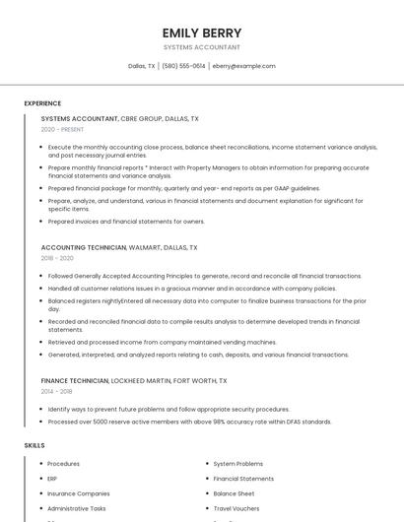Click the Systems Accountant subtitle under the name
coord(202,47)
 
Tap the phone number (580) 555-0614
coord(183,66)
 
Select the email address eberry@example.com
coord(243,66)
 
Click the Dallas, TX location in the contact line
coord(142,66)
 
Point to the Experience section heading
coord(42,103)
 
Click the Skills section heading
coord(34,445)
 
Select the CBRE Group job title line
coord(119,118)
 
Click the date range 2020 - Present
coord(62,129)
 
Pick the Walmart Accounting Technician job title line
coord(118,247)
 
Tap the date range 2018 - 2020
coord(57,258)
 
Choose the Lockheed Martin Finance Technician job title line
coord(134,380)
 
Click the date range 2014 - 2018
coord(57,391)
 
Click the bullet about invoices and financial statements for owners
coord(126,222)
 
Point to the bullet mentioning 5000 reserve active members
coord(189,422)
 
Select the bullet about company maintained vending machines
coord(162,342)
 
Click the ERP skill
coord(52,479)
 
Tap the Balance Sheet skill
coord(234,493)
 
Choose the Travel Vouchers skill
coord(236,508)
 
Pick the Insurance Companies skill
coord(78,493)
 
